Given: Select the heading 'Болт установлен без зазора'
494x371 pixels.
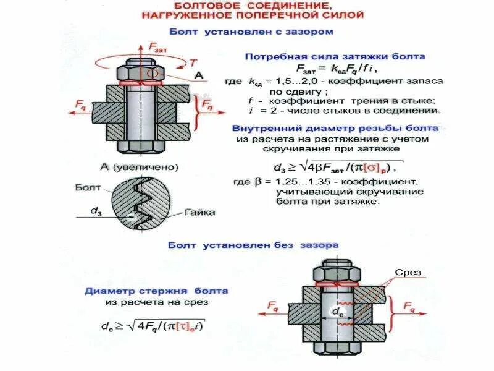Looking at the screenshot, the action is [253, 245].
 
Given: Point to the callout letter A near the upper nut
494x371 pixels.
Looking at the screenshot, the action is [199, 75].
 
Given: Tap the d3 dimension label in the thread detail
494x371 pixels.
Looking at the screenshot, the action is [96, 210].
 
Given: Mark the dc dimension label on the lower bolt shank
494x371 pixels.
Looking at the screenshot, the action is [338, 313].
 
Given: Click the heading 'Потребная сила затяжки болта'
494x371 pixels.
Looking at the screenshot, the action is [335, 56].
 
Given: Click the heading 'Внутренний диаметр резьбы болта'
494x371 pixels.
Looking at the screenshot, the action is [335, 128].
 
